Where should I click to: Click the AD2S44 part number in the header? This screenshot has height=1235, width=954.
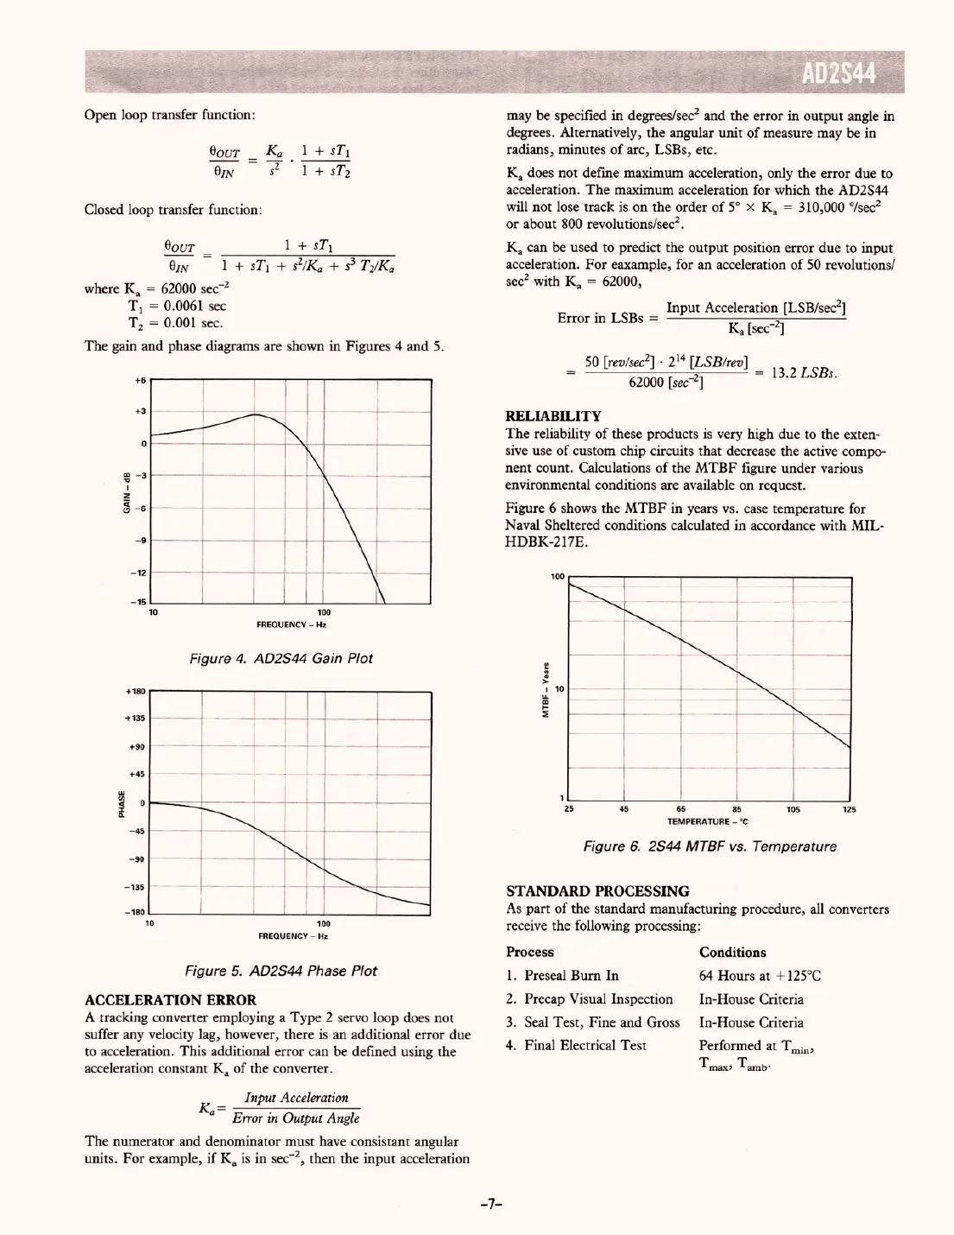click(839, 75)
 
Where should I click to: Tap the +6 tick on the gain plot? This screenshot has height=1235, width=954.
click(141, 380)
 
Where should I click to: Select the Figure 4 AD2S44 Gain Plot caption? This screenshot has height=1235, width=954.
click(281, 658)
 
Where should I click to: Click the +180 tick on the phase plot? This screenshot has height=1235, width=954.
click(136, 692)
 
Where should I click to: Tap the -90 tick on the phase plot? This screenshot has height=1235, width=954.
click(137, 859)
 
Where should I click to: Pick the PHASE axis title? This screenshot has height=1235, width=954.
click(123, 803)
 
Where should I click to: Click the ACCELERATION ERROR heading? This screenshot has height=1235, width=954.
click(170, 1000)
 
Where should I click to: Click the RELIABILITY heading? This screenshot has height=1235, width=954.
click(553, 417)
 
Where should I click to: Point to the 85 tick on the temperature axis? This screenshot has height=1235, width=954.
click(736, 810)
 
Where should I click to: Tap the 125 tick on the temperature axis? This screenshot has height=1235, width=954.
click(850, 810)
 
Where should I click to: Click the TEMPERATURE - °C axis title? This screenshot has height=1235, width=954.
click(707, 820)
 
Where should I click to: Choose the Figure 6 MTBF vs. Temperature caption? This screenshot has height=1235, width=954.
click(710, 846)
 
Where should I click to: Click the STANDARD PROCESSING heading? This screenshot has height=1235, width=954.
click(597, 891)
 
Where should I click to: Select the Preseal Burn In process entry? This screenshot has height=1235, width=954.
click(562, 976)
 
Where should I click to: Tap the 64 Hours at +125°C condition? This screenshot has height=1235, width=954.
click(760, 976)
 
